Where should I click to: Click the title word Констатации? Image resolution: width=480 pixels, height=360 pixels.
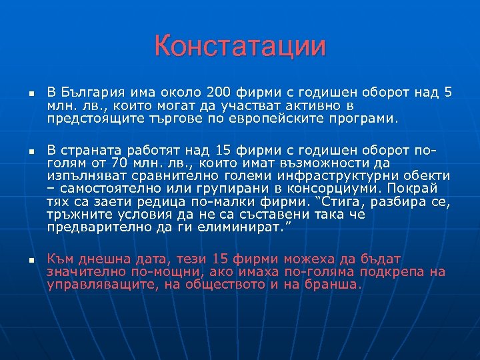click(240, 47)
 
